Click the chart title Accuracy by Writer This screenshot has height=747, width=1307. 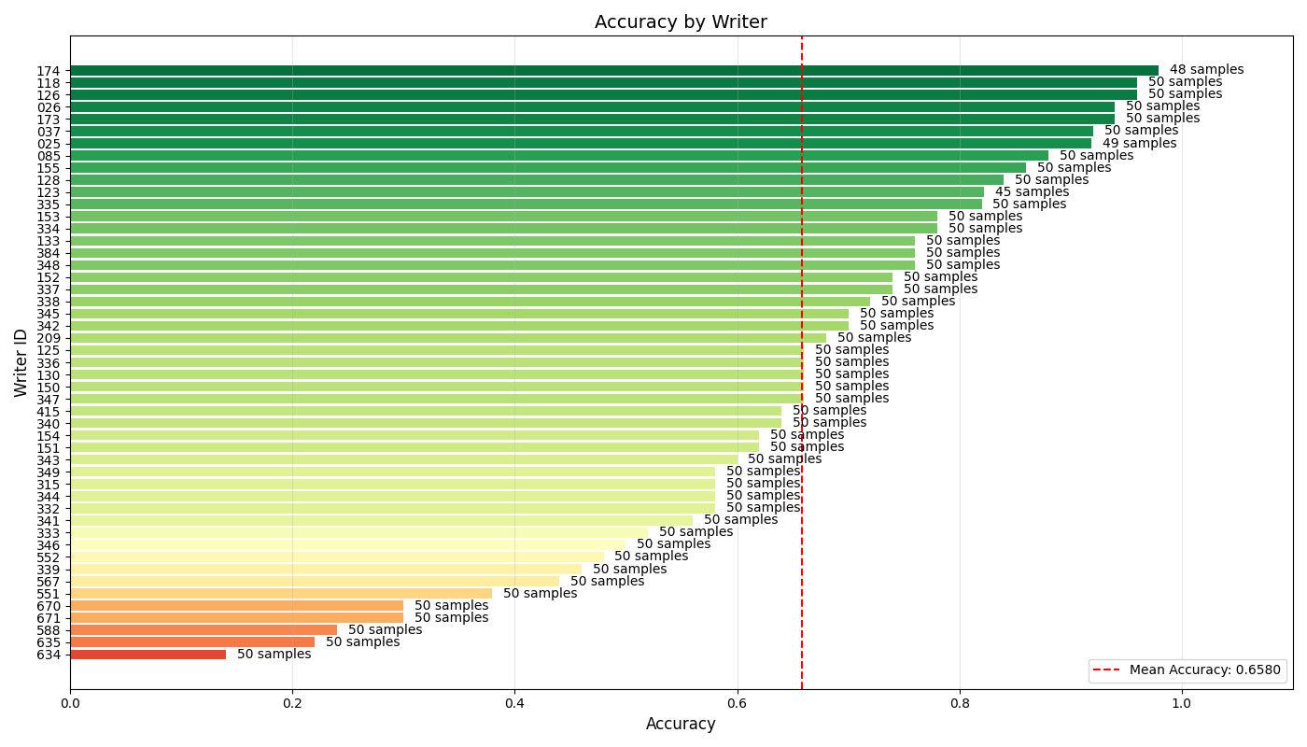(x=681, y=22)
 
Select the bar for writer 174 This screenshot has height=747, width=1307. (x=613, y=70)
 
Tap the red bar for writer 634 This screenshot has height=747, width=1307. (x=148, y=655)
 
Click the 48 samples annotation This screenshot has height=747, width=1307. (x=1206, y=70)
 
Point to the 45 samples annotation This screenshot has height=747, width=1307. (x=1032, y=192)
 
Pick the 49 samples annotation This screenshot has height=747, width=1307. (x=1139, y=144)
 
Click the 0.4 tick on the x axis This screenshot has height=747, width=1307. (x=514, y=703)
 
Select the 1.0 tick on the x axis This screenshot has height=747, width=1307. (x=1181, y=703)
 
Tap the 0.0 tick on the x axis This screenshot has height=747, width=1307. (x=70, y=703)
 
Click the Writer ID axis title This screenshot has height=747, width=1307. (x=21, y=362)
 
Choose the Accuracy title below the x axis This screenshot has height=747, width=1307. (x=681, y=725)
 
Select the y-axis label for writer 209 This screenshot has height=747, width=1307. (x=49, y=339)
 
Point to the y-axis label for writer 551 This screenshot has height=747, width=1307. (x=49, y=595)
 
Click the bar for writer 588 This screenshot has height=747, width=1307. (x=204, y=630)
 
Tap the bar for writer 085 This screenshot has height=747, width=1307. (x=558, y=156)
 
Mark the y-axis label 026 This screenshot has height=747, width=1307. (x=49, y=107)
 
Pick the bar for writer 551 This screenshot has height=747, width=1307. (x=280, y=594)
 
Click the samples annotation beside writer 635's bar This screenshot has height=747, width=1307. (x=362, y=642)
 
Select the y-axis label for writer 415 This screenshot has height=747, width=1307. (x=49, y=412)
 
